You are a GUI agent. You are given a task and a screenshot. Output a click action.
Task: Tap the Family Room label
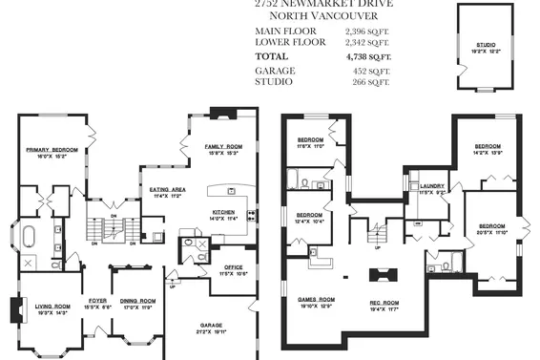[223, 146]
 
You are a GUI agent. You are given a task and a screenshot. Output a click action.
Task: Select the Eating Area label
[167, 190]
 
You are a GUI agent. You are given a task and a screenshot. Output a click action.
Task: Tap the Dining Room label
[134, 301]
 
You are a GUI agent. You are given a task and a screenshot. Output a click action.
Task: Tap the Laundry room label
[432, 186]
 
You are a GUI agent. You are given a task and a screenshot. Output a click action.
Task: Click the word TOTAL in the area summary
[273, 56]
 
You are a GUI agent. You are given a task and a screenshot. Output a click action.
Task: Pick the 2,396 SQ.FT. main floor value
[368, 32]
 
